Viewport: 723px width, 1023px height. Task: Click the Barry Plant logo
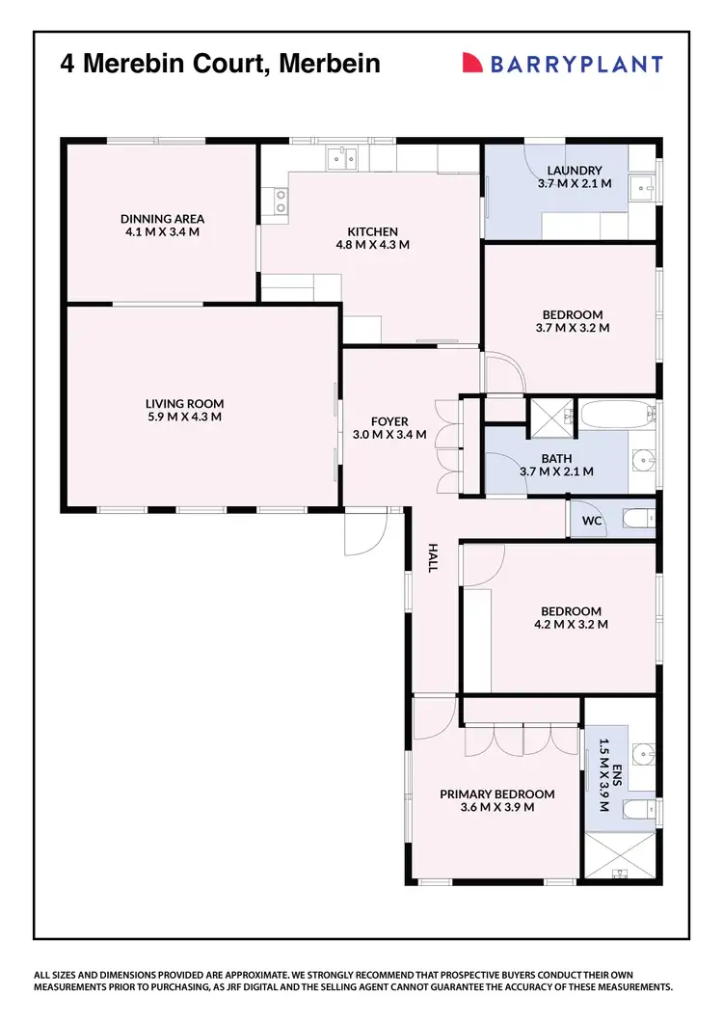pos(563,65)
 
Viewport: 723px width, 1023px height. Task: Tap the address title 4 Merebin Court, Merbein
pos(221,65)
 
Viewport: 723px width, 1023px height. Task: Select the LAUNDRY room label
pos(574,171)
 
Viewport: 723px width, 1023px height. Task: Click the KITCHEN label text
pos(372,231)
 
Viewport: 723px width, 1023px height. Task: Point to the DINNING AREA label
pos(162,218)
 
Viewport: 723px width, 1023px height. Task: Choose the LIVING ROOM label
pos(184,403)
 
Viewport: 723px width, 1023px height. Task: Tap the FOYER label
pos(389,421)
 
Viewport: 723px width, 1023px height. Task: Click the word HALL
pos(432,556)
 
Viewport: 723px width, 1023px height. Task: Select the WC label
pos(591,521)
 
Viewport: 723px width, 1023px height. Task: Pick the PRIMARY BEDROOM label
pos(496,794)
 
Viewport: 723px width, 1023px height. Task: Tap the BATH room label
pos(555,458)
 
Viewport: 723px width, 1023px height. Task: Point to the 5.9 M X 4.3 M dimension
pos(184,417)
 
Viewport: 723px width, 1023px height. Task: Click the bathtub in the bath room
pos(612,415)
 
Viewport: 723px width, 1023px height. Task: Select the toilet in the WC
pos(637,521)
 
